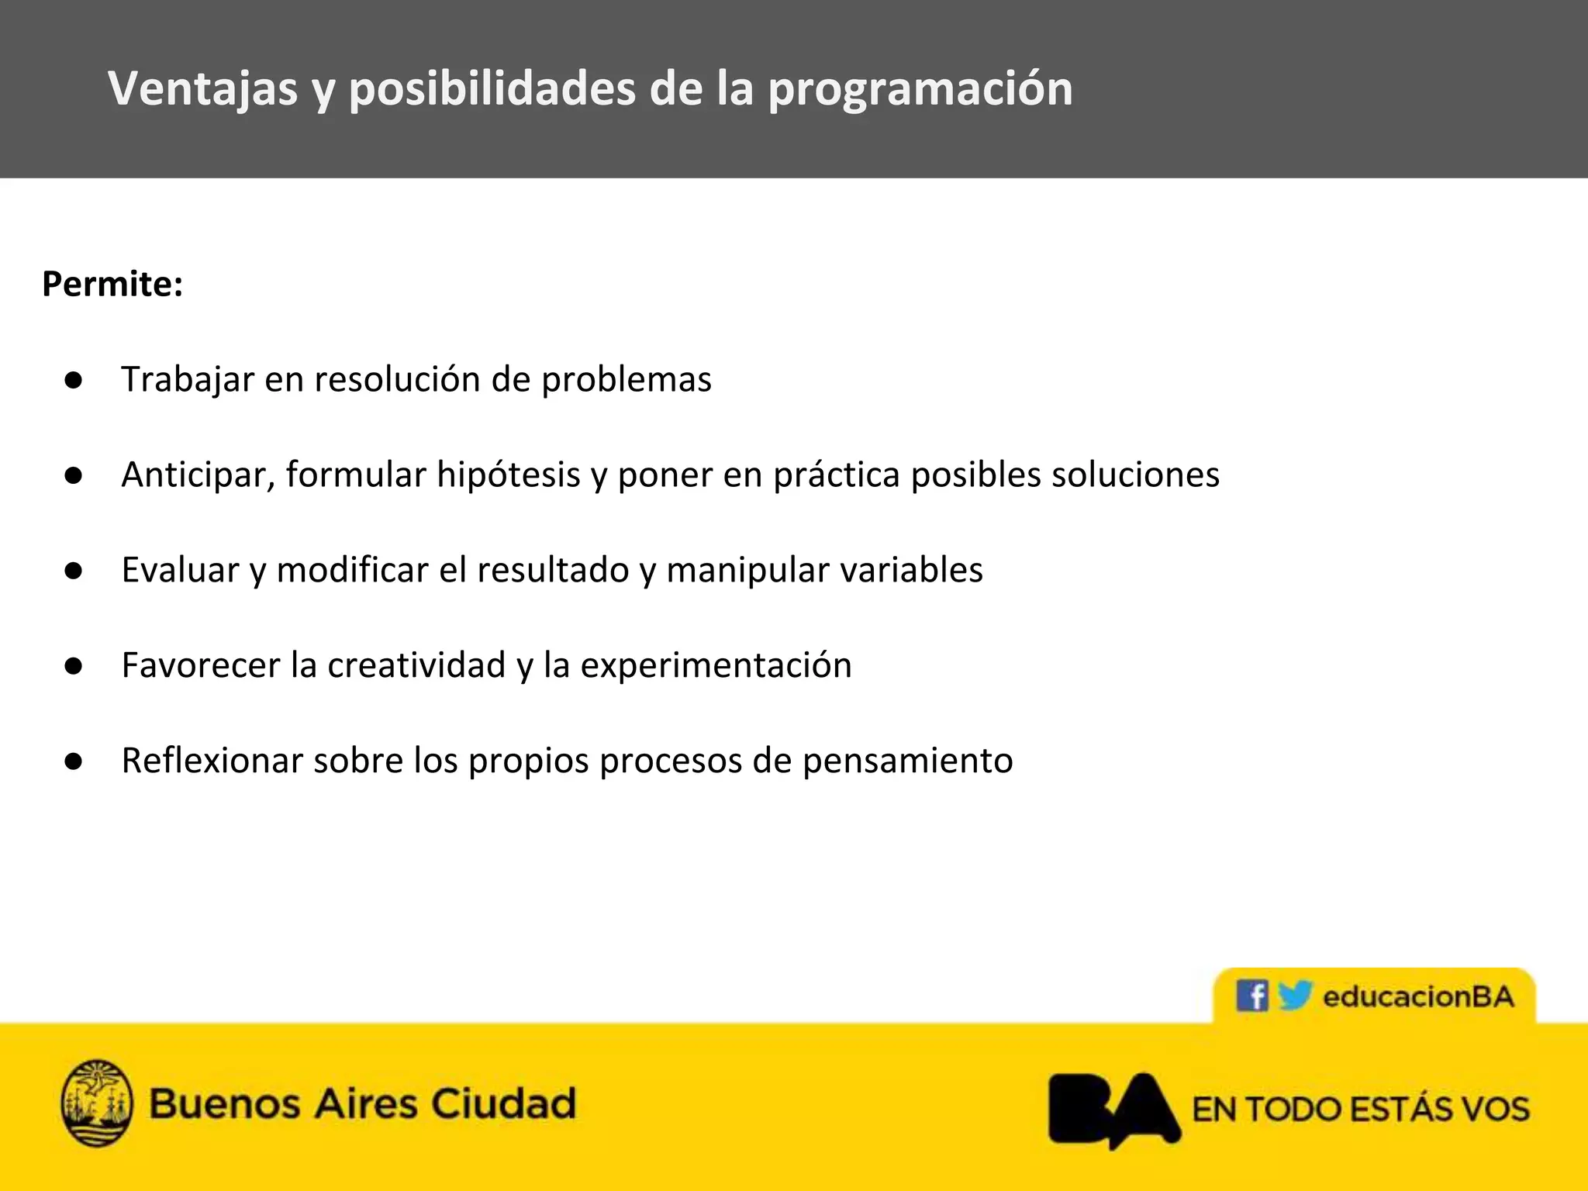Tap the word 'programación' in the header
[x=920, y=90]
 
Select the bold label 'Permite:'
[x=112, y=284]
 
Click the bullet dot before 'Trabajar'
[x=74, y=380]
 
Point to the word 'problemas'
[x=626, y=380]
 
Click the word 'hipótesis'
[x=508, y=475]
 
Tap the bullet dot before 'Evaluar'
[x=74, y=571]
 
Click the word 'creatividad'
[x=416, y=665]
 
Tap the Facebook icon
[x=1251, y=996]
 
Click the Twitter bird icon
[x=1294, y=995]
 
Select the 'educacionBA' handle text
[x=1418, y=996]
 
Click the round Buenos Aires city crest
[x=96, y=1103]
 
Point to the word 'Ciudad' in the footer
[x=503, y=1103]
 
